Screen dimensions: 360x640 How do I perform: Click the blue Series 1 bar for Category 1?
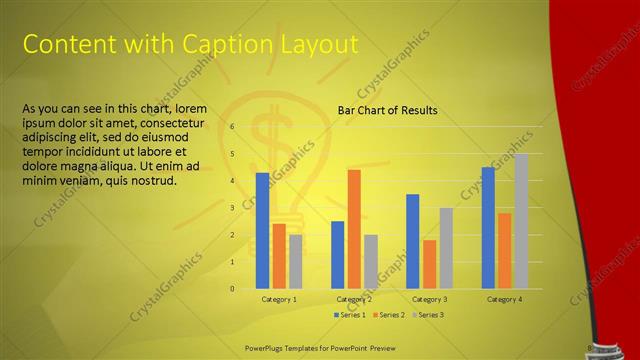pyautogui.click(x=262, y=231)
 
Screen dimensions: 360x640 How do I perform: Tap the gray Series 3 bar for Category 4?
pyautogui.click(x=520, y=221)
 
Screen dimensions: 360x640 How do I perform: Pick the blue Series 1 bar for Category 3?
pyautogui.click(x=412, y=241)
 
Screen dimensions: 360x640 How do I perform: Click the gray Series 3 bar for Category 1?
pyautogui.click(x=295, y=261)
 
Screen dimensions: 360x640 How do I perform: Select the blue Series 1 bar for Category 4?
pyautogui.click(x=488, y=228)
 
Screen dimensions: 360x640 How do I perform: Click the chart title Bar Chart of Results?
pyautogui.click(x=387, y=110)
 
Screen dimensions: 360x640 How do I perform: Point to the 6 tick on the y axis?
pyautogui.click(x=231, y=127)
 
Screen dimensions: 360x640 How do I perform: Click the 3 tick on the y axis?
pyautogui.click(x=231, y=208)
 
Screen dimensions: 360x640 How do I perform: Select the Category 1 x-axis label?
pyautogui.click(x=279, y=300)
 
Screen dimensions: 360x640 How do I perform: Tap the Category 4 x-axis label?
pyautogui.click(x=504, y=300)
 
